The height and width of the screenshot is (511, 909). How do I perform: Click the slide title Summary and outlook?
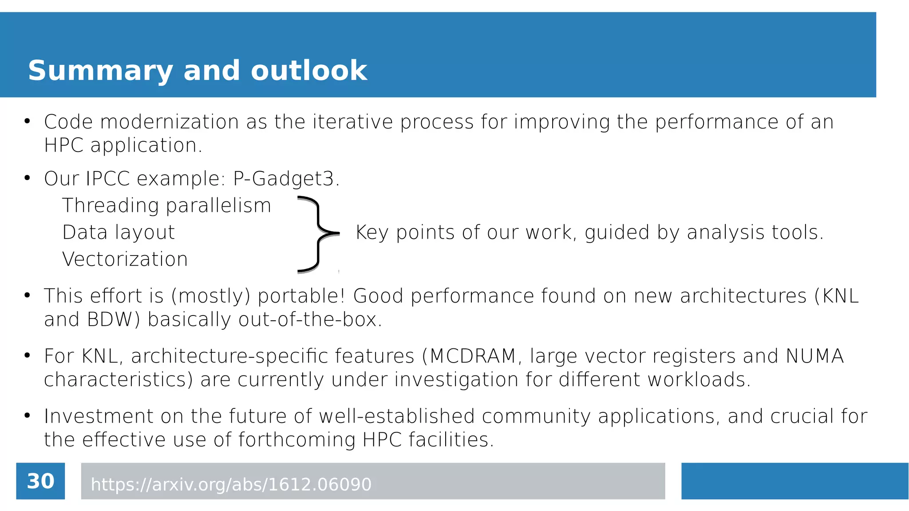tap(198, 70)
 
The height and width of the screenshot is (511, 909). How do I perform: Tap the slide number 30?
tap(40, 481)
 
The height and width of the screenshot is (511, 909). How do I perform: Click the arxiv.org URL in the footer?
tap(231, 484)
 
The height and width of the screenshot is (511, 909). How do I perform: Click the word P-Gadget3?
tap(286, 179)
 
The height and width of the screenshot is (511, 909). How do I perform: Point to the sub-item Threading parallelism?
tap(166, 206)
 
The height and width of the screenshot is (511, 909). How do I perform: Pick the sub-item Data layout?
tap(119, 232)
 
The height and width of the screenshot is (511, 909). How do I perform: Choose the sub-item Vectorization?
tap(125, 259)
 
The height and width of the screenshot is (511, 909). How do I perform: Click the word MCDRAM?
tap(473, 356)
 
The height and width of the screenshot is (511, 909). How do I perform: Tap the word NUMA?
tap(814, 356)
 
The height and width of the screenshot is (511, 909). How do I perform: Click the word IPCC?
tap(107, 179)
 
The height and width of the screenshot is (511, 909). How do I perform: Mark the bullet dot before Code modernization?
tap(27, 121)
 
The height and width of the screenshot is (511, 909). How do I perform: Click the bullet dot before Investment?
tap(27, 415)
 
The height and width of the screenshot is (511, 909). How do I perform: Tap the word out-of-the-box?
tap(310, 319)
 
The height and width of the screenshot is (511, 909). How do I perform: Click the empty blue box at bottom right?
tap(794, 481)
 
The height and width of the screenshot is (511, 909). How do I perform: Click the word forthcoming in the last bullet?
tap(297, 440)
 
